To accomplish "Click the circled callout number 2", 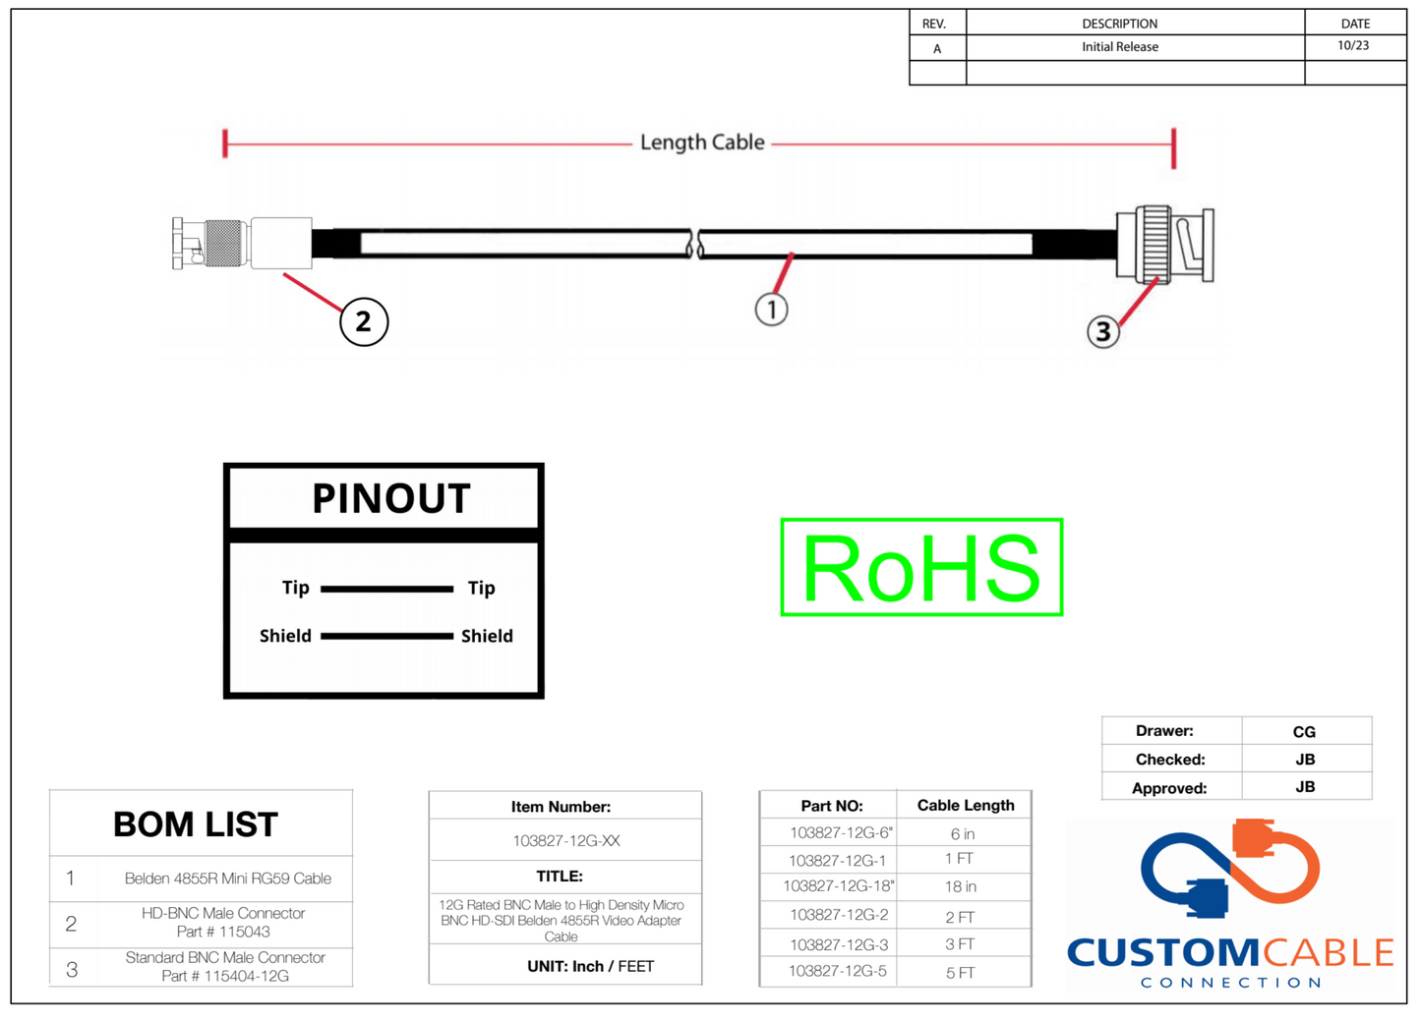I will pyautogui.click(x=364, y=321).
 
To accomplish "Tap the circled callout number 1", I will pyautogui.click(x=772, y=310).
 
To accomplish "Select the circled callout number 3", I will pyautogui.click(x=1103, y=332).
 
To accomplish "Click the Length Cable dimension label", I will pyautogui.click(x=701, y=142).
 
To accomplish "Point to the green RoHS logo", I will pyautogui.click(x=921, y=567).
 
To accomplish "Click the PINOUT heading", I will pyautogui.click(x=390, y=499).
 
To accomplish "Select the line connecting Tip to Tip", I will pyautogui.click(x=386, y=589).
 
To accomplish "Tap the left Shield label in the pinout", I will pyautogui.click(x=285, y=636).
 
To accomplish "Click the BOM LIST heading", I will pyautogui.click(x=196, y=824).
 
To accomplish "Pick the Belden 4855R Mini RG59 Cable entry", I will pyautogui.click(x=227, y=879).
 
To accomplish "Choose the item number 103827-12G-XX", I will pyautogui.click(x=565, y=841).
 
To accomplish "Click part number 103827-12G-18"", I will pyautogui.click(x=838, y=886).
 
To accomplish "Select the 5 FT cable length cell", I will pyautogui.click(x=960, y=973).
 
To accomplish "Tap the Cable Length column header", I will pyautogui.click(x=965, y=806).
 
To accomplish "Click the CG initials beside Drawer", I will pyautogui.click(x=1304, y=732).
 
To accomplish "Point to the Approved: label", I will pyautogui.click(x=1168, y=788).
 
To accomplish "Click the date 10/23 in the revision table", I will pyautogui.click(x=1353, y=46).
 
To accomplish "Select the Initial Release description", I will pyautogui.click(x=1119, y=47).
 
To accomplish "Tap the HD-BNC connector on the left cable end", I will pyautogui.click(x=241, y=243).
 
